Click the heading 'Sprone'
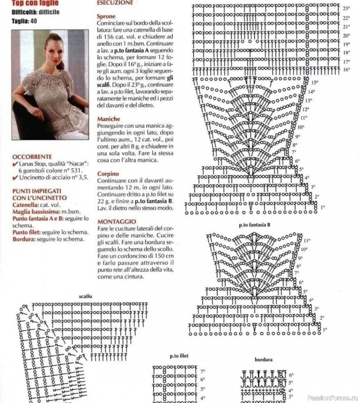(x=106, y=16)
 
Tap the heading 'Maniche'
(x=109, y=119)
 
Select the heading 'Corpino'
(x=108, y=174)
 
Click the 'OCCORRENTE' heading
(x=33, y=156)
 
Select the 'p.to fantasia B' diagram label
(x=255, y=224)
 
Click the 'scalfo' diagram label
(x=85, y=297)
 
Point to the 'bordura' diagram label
(x=264, y=360)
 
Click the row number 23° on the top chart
(x=346, y=9)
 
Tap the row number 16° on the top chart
(x=346, y=70)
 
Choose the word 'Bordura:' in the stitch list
(x=23, y=239)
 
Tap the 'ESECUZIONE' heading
(x=116, y=3)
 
